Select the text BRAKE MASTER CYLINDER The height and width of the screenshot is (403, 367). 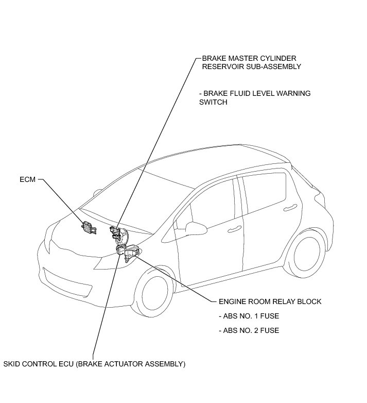(249, 58)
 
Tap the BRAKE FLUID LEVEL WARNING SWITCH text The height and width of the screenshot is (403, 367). (255, 98)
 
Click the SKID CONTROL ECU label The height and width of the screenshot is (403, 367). (94, 364)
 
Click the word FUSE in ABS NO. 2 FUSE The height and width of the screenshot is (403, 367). (270, 330)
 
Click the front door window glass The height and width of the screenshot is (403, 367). (211, 204)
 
